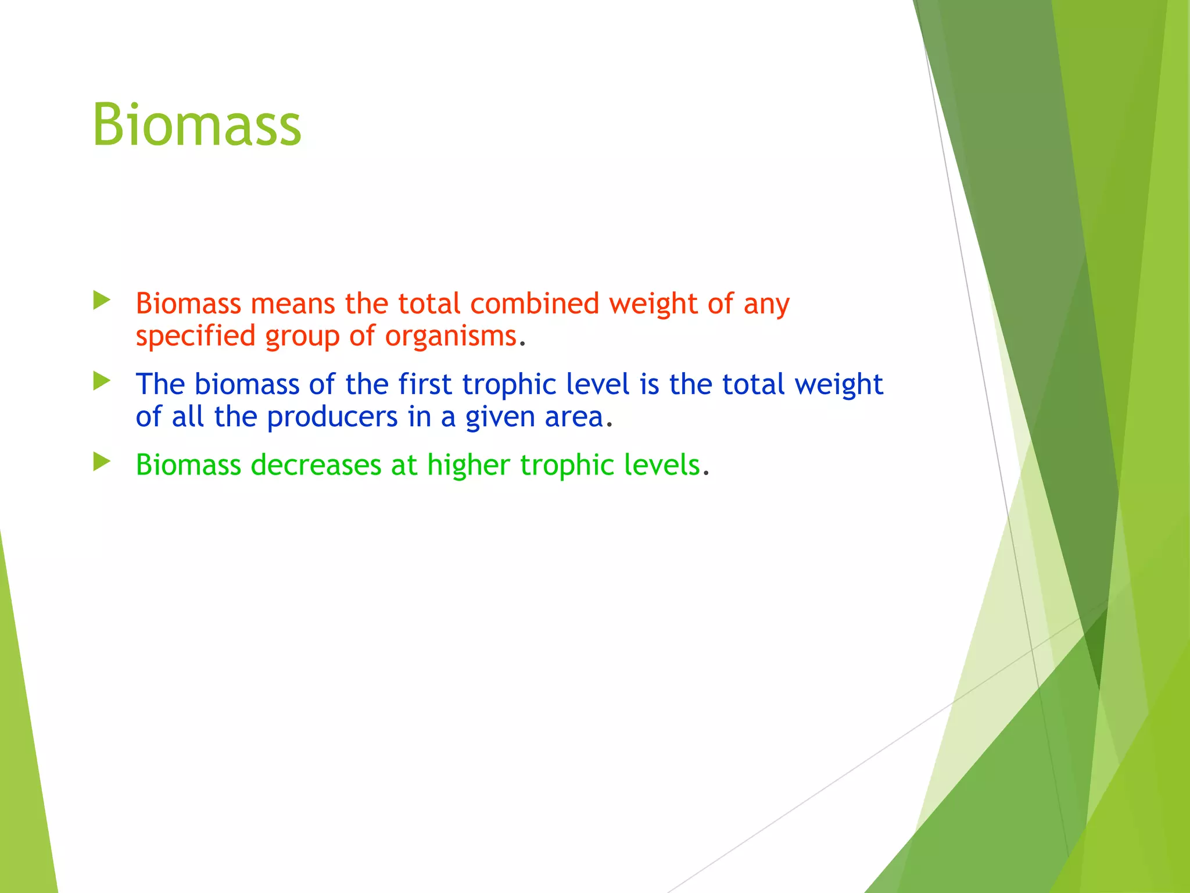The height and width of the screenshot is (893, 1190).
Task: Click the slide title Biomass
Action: pyautogui.click(x=196, y=125)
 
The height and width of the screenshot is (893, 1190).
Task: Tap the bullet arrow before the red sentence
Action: pyautogui.click(x=102, y=301)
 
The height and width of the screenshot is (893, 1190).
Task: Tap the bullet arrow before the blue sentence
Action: pyautogui.click(x=102, y=381)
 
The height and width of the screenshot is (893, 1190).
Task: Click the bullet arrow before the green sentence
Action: pyautogui.click(x=102, y=462)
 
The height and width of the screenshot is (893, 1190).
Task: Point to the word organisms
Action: pyautogui.click(x=450, y=337)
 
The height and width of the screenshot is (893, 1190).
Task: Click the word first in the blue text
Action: pyautogui.click(x=424, y=384)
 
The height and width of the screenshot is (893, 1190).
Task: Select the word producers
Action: pyautogui.click(x=332, y=417)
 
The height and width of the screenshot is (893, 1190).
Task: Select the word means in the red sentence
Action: pyautogui.click(x=292, y=303)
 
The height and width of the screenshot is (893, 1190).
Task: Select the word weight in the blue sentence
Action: pyautogui.click(x=838, y=384)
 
